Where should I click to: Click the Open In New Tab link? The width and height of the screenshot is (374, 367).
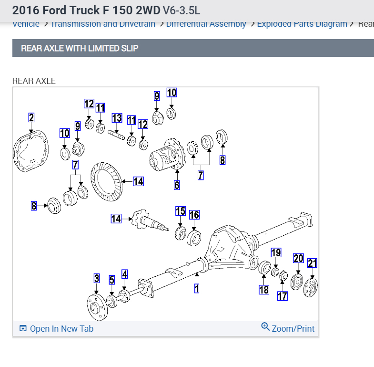[57, 328]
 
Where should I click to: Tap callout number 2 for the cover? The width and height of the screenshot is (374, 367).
[31, 118]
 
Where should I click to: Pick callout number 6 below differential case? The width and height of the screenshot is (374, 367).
[177, 185]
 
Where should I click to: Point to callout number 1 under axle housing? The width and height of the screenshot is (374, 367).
[196, 288]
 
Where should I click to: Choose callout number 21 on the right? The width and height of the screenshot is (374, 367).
[312, 263]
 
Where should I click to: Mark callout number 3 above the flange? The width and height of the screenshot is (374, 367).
[97, 278]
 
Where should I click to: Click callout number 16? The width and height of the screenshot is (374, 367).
[194, 215]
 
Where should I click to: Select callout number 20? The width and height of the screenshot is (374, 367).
[298, 259]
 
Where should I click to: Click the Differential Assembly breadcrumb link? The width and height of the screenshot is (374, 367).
[206, 24]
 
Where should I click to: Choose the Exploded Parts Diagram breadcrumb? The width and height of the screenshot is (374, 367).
[302, 24]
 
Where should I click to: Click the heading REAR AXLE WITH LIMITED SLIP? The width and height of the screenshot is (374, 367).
[80, 48]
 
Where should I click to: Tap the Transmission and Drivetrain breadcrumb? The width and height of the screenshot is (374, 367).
[103, 24]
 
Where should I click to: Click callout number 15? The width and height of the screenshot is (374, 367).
[181, 211]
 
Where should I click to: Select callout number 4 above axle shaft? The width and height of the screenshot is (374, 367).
[125, 274]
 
